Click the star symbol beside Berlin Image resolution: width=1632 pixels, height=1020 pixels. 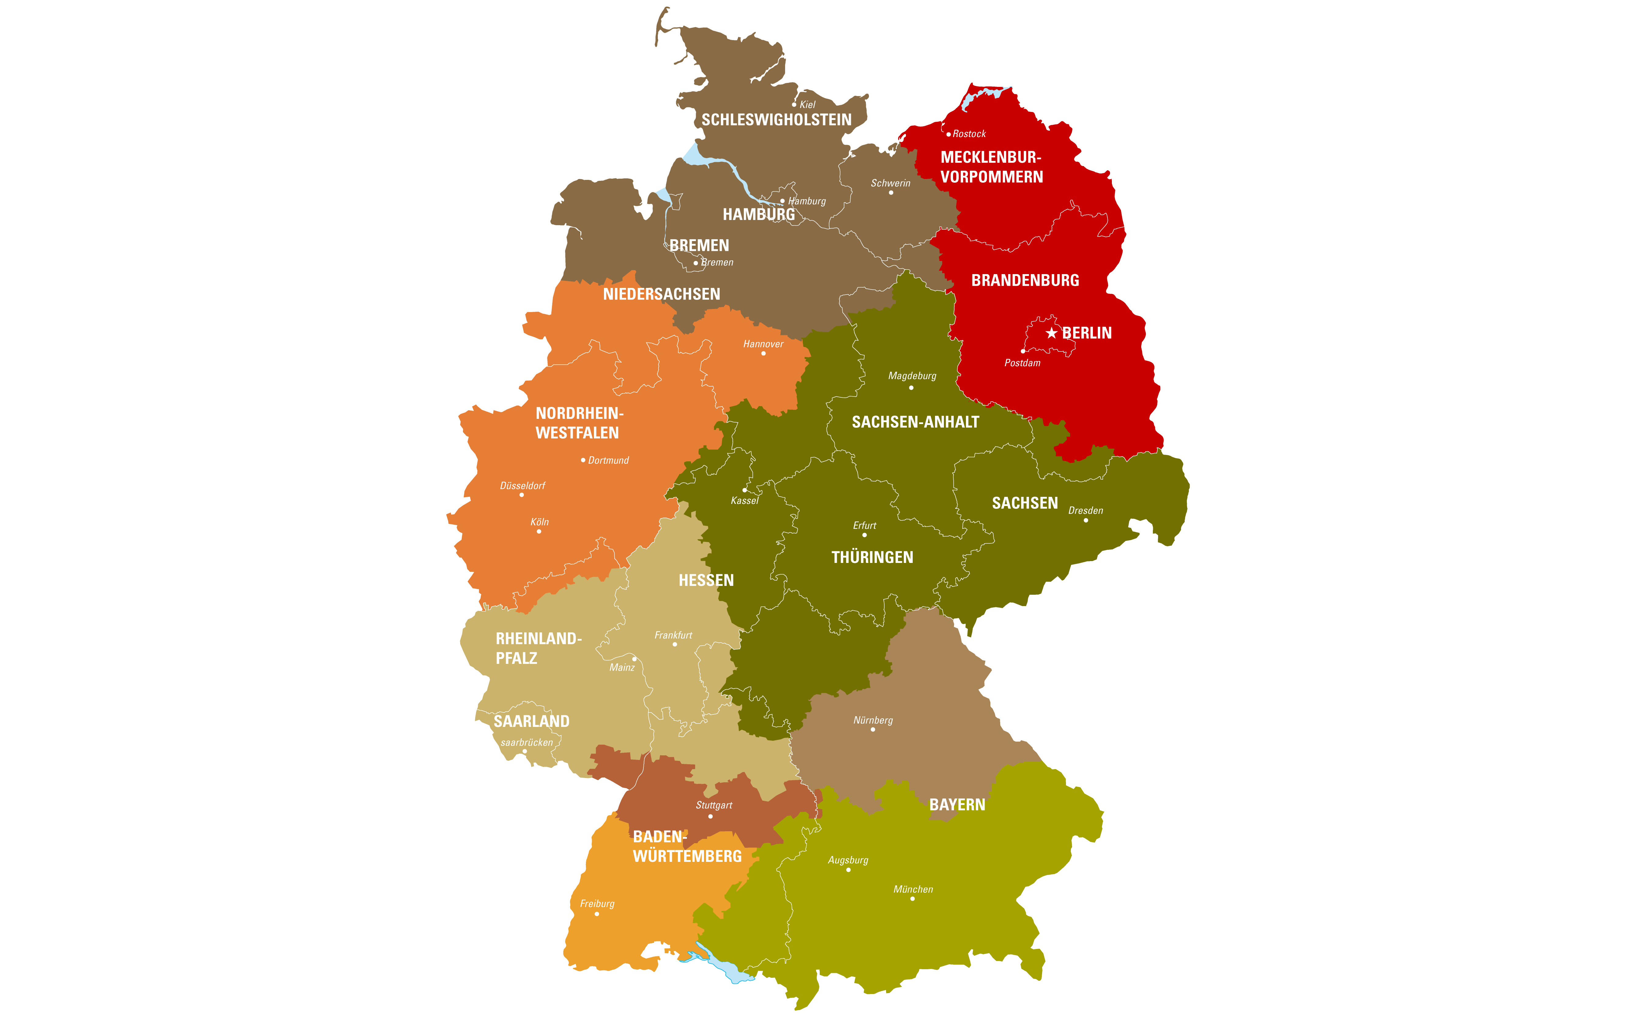[x=1051, y=333]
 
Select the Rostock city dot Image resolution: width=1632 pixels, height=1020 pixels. [x=948, y=134]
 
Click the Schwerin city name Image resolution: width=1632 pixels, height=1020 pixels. [x=891, y=183]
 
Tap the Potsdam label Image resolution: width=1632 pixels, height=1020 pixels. [x=1022, y=363]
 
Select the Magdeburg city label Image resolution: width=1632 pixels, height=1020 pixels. [x=912, y=376]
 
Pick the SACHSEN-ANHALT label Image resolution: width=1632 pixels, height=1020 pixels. [x=915, y=422]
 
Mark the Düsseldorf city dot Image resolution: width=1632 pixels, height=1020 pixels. [x=521, y=495]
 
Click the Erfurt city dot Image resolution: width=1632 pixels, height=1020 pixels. [x=864, y=535]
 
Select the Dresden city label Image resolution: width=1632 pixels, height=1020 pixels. [x=1086, y=511]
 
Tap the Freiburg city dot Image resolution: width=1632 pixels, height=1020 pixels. [x=596, y=914]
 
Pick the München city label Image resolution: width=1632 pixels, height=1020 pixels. [x=913, y=889]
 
